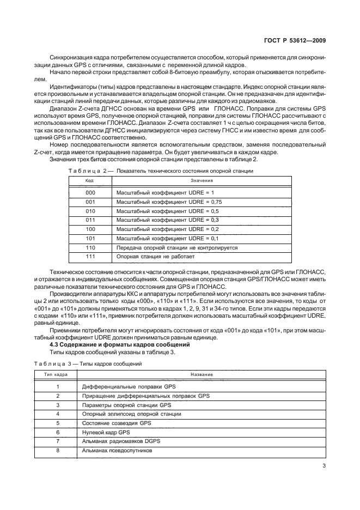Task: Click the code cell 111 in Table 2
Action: click(90, 256)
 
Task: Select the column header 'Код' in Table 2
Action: click(90, 180)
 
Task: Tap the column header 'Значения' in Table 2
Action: click(201, 180)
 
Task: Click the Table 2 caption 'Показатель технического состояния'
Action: click(185, 171)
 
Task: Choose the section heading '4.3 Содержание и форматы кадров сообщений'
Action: click(120, 345)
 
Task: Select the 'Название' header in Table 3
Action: click(201, 375)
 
